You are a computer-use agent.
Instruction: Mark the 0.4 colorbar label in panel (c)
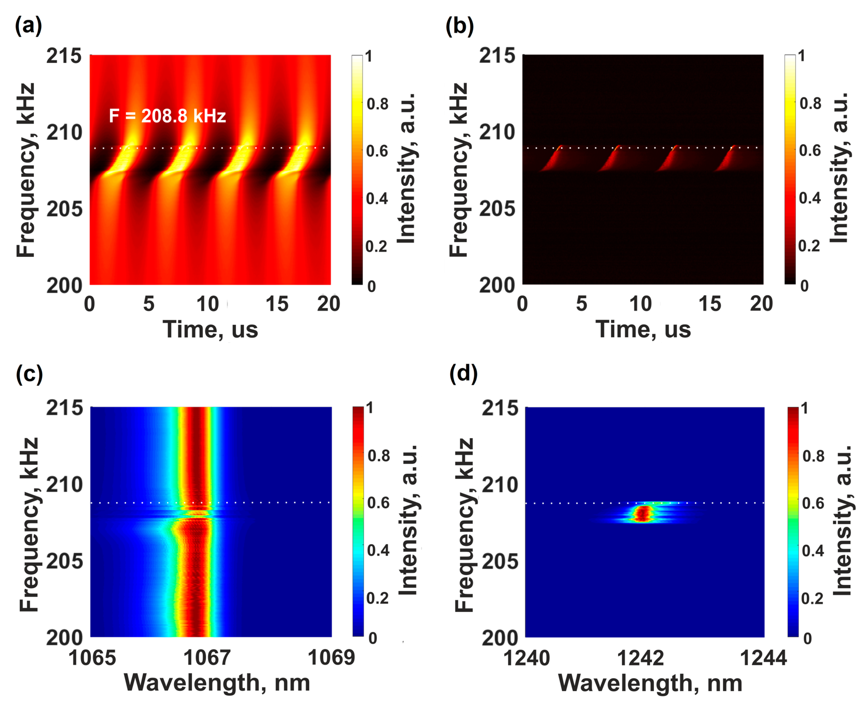(x=378, y=550)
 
